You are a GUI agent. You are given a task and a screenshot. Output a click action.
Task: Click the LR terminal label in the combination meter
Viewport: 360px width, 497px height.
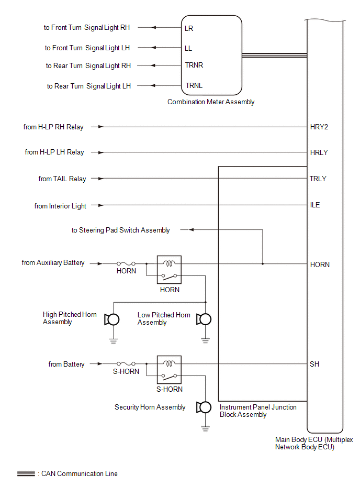[189, 28]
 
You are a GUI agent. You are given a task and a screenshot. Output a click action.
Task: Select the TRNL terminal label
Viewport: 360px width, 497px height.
[194, 85]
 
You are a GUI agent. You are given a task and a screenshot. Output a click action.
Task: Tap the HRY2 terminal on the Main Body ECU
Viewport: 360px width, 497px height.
[319, 127]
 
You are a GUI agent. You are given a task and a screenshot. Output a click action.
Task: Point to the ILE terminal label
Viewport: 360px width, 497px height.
[315, 205]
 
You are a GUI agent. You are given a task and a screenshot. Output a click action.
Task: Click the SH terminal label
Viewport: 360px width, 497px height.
[314, 364]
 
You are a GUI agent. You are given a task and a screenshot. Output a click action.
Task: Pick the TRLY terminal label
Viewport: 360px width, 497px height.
[318, 179]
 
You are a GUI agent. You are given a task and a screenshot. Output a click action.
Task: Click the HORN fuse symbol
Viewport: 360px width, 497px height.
[126, 263]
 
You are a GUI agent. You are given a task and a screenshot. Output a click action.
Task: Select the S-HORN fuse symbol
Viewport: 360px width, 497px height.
[126, 363]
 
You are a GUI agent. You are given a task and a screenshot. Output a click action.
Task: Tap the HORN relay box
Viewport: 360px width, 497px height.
[169, 270]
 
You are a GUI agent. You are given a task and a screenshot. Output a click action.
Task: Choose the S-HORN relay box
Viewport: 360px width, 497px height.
[169, 370]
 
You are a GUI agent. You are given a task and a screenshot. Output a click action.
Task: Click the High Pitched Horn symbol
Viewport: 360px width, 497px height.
[112, 319]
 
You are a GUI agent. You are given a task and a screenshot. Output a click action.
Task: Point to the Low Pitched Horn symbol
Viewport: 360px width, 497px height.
[204, 319]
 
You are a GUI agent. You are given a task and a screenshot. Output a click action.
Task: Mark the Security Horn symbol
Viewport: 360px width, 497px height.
[204, 407]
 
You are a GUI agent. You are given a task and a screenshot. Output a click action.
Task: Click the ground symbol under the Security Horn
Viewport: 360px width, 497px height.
[205, 428]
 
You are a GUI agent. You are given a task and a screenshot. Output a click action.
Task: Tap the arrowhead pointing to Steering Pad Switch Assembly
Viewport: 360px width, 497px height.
[191, 230]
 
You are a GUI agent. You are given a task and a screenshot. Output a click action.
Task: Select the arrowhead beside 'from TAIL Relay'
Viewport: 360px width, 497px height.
[101, 179]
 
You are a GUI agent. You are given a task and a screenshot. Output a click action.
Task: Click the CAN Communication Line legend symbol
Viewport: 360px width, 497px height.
[26, 474]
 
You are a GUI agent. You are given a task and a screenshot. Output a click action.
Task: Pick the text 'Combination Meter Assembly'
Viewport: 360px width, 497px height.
[211, 102]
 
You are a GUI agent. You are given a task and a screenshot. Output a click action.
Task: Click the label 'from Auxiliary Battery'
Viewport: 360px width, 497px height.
[53, 263]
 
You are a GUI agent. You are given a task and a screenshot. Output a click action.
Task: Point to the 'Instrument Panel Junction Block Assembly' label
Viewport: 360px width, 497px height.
[258, 411]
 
